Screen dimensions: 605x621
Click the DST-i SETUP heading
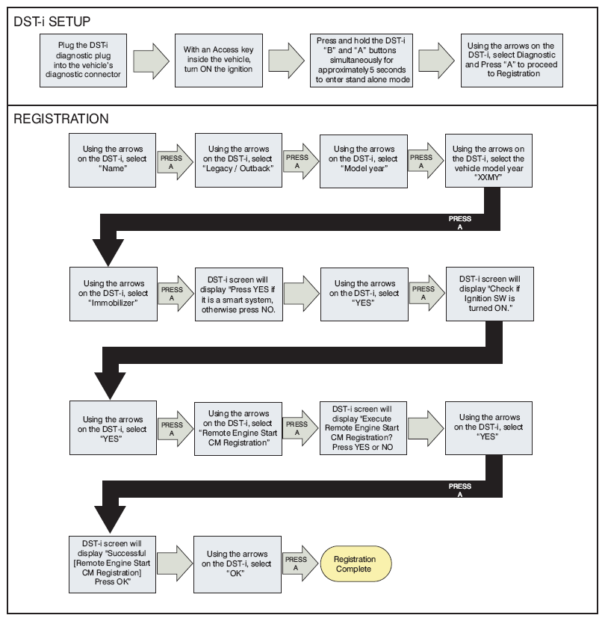[52, 22]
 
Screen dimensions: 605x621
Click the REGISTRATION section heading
[61, 119]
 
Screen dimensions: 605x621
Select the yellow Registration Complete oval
[356, 564]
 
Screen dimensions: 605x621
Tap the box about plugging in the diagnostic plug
[83, 61]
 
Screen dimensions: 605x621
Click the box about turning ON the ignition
[219, 61]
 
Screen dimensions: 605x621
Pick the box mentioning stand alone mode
[362, 61]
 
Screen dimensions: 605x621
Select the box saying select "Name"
[113, 160]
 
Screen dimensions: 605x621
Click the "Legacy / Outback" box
[238, 160]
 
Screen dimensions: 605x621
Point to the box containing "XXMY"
[488, 161]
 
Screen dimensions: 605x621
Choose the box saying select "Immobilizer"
[114, 294]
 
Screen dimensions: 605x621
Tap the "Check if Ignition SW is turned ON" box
[490, 294]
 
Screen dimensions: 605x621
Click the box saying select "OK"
[238, 564]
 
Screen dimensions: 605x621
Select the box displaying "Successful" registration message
[113, 564]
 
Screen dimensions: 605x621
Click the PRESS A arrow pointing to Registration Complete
[300, 563]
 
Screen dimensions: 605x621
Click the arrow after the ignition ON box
[286, 61]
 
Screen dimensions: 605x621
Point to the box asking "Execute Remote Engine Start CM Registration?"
[363, 428]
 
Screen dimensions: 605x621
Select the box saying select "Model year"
[364, 161]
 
